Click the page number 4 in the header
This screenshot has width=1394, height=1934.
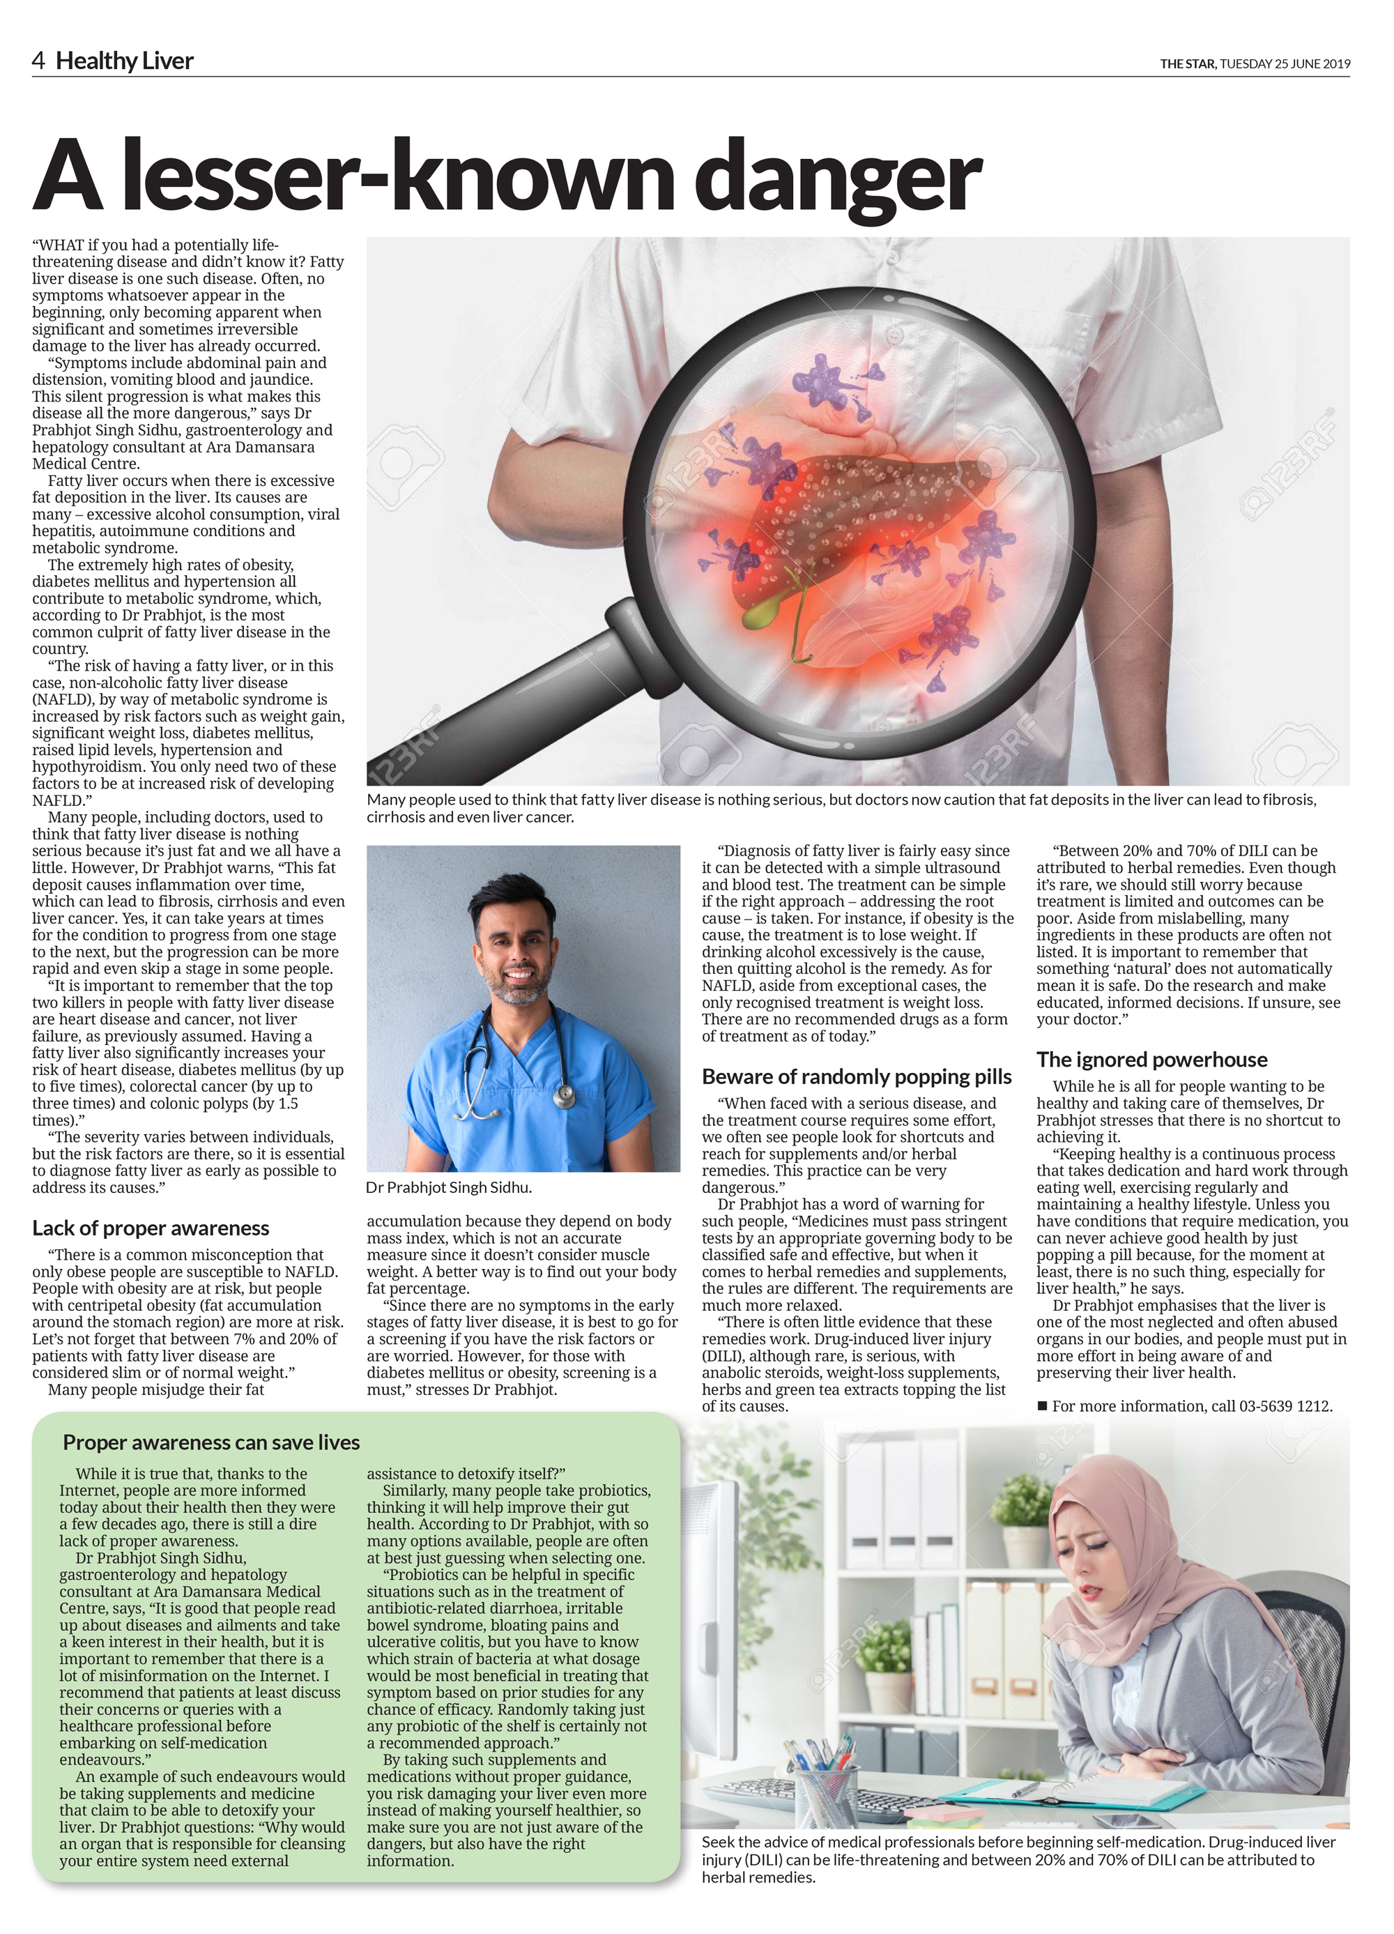[x=38, y=61]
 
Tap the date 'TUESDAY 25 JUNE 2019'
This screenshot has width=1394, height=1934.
[x=1285, y=63]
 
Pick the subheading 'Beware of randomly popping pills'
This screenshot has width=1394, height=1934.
[x=856, y=1076]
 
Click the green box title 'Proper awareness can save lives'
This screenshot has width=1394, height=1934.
[x=210, y=1442]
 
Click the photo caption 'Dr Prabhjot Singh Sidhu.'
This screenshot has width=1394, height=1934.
[x=448, y=1187]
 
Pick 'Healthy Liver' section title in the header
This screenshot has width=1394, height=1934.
[x=125, y=61]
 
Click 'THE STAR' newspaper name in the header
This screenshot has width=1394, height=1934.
[x=1187, y=63]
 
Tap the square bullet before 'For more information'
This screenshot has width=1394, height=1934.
[x=1042, y=1406]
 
